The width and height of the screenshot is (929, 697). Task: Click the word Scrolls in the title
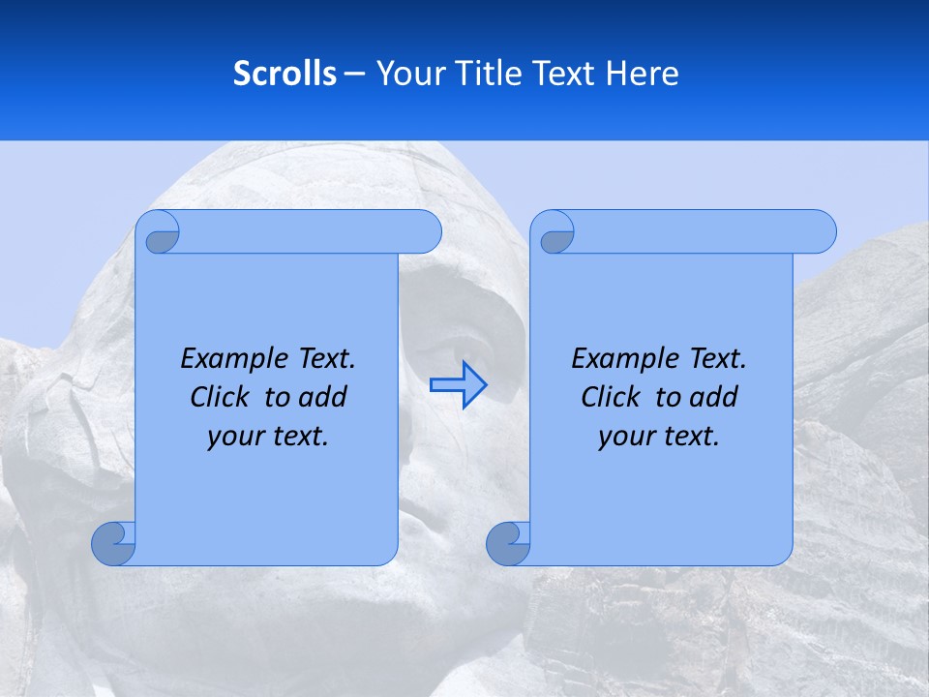[x=285, y=74]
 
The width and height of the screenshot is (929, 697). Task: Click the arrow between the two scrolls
[x=459, y=384]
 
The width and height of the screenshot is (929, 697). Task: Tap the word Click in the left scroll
[x=220, y=397]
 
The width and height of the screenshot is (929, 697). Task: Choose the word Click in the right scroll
[x=611, y=397]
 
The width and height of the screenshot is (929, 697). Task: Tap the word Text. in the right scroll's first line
[x=717, y=359]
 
